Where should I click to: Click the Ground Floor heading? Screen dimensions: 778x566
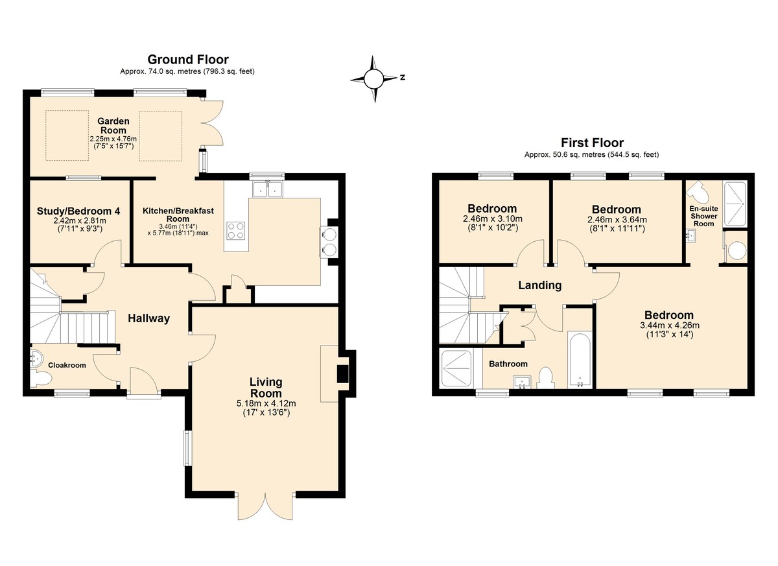tap(188, 60)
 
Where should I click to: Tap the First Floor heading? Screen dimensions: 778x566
tap(592, 143)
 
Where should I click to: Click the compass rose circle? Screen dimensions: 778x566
tap(373, 79)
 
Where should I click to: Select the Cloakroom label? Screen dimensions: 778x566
tap(67, 365)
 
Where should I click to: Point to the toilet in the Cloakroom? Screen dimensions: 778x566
tap(41, 379)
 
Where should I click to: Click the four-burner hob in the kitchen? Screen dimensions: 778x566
tap(236, 231)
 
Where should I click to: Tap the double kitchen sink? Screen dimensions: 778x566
tap(266, 189)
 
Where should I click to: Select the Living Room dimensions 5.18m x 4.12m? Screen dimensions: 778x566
tap(266, 403)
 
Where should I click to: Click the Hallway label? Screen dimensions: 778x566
tap(148, 318)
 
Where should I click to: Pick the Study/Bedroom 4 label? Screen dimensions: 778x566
tap(78, 211)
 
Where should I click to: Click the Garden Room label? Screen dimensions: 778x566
tap(113, 126)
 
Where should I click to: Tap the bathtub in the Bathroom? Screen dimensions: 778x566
tap(580, 359)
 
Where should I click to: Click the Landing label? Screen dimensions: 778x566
tap(539, 285)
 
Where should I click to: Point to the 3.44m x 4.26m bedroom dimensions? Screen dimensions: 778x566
tap(670, 325)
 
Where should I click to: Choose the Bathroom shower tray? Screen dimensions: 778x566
tap(456, 369)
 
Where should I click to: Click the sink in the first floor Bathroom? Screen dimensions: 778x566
tap(522, 382)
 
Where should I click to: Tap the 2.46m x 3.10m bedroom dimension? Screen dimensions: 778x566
tap(493, 219)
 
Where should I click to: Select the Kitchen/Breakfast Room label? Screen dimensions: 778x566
tap(178, 215)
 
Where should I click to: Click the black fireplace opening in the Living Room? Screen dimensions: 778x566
tap(343, 373)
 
